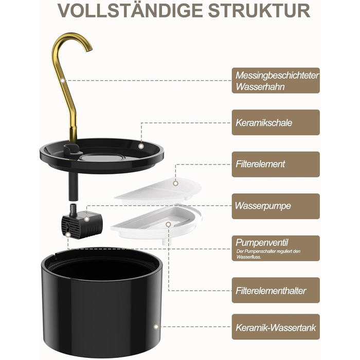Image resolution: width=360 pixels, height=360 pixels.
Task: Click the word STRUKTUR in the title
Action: [x=259, y=10]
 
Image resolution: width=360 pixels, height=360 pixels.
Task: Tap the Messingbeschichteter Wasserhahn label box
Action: [x=276, y=80]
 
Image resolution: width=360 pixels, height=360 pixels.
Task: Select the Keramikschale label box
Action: [x=276, y=122]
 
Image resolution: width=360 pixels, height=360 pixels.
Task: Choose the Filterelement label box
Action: [x=276, y=164]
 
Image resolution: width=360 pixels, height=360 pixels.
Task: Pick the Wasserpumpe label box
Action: [x=276, y=206]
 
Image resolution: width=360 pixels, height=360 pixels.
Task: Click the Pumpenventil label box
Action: [x=276, y=248]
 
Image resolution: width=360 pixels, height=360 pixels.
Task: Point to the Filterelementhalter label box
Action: [x=276, y=290]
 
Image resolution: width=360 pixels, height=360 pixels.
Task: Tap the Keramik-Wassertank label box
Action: [x=276, y=327]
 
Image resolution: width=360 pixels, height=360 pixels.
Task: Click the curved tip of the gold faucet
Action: [x=89, y=48]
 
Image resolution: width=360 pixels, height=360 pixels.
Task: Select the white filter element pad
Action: [x=158, y=191]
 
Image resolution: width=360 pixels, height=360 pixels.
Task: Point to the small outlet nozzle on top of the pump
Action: [x=73, y=208]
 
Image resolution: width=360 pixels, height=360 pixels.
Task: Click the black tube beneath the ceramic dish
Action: [x=73, y=186]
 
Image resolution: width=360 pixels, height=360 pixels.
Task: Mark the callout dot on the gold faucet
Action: [x=63, y=80]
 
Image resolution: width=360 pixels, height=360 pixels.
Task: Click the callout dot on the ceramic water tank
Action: [x=156, y=327]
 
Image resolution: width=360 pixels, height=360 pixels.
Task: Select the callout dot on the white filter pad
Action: [x=176, y=183]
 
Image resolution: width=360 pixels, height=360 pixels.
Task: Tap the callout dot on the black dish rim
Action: [x=141, y=146]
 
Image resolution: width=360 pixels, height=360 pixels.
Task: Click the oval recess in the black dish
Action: [x=102, y=157]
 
